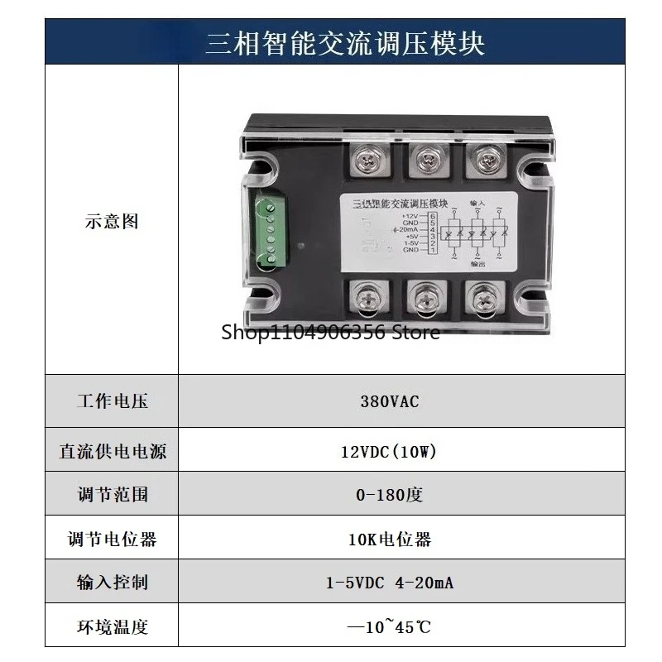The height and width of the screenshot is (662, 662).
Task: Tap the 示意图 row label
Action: (x=112, y=222)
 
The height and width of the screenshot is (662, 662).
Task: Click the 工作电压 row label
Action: (x=112, y=402)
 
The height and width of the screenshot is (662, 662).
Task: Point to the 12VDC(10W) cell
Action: (x=388, y=451)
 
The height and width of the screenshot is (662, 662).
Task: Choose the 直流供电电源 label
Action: (x=112, y=451)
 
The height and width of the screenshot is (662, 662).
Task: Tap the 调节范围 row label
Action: (x=112, y=495)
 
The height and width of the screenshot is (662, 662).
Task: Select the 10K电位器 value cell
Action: (x=389, y=540)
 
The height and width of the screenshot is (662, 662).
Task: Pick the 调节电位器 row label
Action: (x=112, y=540)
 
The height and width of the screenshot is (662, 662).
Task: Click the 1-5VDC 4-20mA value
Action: (x=389, y=583)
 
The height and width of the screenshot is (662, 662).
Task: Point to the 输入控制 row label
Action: (x=112, y=583)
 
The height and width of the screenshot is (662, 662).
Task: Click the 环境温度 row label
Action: (x=112, y=626)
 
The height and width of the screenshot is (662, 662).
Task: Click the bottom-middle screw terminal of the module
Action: (x=425, y=299)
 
